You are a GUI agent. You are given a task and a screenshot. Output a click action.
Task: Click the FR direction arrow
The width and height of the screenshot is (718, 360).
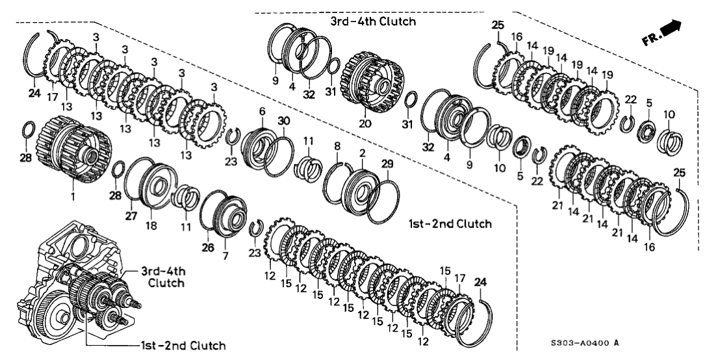pos(672,29)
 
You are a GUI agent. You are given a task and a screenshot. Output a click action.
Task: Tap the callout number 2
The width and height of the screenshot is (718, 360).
pos(362,153)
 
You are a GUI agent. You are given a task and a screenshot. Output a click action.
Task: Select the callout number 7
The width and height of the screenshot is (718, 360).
pos(225,256)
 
